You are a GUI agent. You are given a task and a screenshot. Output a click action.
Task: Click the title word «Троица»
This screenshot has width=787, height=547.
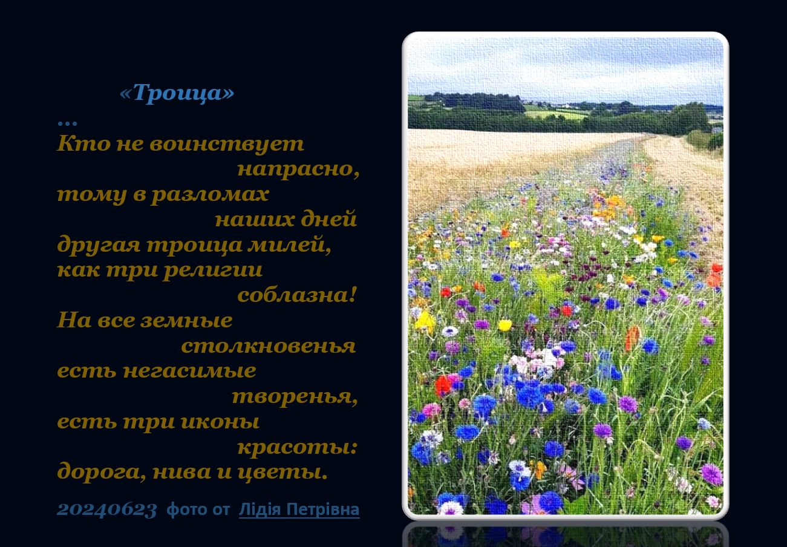coord(177,93)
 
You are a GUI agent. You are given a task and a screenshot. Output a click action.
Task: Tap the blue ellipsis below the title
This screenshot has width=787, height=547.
coord(67,123)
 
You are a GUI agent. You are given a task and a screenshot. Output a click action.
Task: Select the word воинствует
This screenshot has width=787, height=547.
coord(227,144)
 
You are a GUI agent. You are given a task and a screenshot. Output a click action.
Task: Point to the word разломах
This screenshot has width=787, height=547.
coord(210,194)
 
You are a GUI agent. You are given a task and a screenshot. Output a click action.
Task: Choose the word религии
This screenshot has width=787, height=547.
coord(213,270)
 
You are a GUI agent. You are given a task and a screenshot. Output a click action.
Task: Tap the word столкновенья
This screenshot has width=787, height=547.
coord(269,346)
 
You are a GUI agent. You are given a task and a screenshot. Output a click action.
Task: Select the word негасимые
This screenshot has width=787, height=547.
coord(190,371)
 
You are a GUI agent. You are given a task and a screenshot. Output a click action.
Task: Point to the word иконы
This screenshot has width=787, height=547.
coord(220,422)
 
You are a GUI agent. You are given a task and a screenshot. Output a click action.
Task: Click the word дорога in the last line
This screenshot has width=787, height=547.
coord(99,472)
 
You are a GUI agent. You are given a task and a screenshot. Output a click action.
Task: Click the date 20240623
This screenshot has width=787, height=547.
coord(107,509)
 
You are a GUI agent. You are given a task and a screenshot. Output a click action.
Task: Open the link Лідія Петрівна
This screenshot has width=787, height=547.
coord(299,509)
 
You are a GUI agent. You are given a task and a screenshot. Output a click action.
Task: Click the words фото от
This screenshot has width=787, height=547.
coord(198,509)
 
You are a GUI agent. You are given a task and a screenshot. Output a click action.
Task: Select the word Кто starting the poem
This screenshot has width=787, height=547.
coord(83,143)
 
